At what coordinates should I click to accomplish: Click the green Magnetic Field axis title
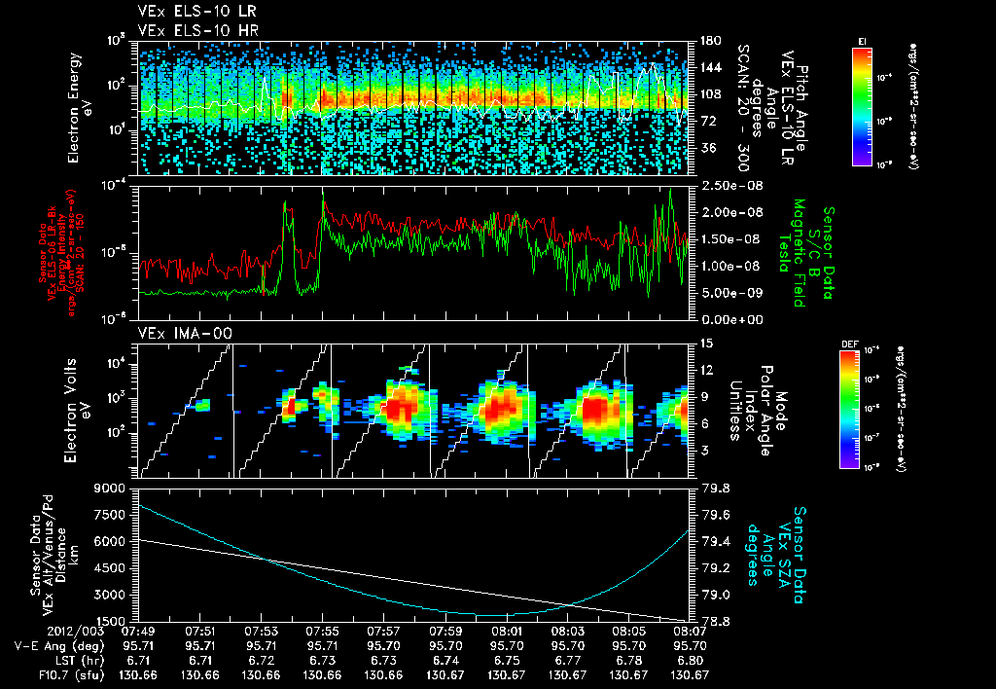pyautogui.click(x=801, y=253)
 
